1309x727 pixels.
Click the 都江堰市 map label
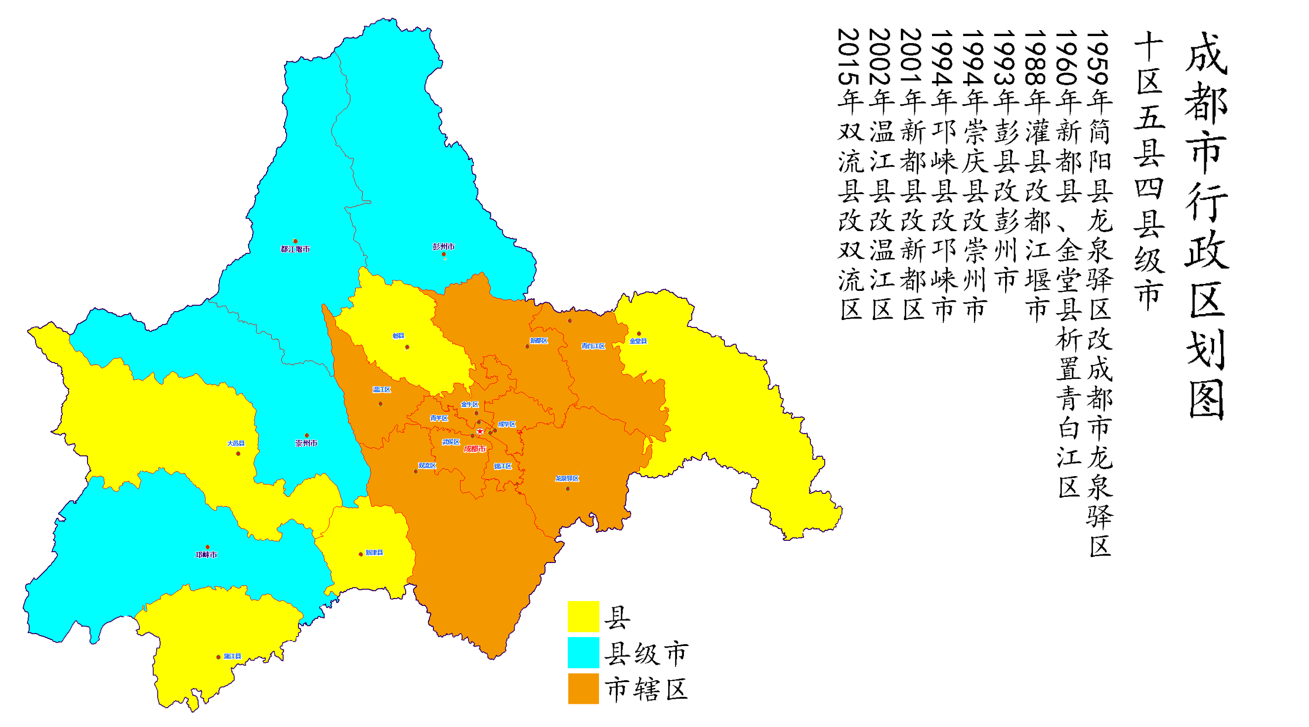(295, 249)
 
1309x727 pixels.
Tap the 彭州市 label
(444, 246)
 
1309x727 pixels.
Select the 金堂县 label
(638, 341)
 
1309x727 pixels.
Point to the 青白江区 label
(593, 346)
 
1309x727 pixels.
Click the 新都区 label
(539, 341)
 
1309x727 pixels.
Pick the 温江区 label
(381, 390)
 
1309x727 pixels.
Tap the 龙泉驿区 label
(567, 479)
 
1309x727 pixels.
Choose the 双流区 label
(427, 466)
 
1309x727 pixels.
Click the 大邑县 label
(236, 444)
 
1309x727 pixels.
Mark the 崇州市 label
(306, 444)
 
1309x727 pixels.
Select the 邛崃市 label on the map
(207, 555)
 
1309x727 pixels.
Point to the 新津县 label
(374, 553)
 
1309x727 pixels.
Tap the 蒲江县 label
(232, 656)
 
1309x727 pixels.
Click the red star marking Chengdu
(480, 431)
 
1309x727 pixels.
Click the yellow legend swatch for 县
(584, 616)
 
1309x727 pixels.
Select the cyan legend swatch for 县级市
(584, 652)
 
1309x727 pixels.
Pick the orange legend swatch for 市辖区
(584, 688)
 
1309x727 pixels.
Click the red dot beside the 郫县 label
(407, 348)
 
